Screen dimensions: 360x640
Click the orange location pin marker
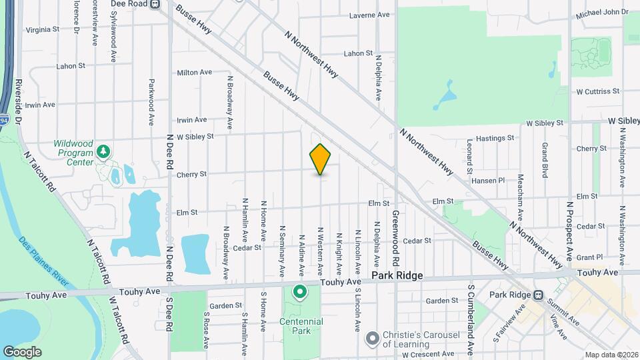321,159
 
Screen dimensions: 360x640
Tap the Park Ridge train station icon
538,295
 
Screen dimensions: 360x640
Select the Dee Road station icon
155,3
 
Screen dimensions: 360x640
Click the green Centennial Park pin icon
300,291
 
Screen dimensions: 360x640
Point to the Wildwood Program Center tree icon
103,151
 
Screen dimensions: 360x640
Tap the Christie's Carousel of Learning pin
372,339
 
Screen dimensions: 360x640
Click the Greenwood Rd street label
395,236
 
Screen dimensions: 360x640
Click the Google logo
22,352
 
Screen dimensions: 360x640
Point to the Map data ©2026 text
611,355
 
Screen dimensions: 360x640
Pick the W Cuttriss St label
598,91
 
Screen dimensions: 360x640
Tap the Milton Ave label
194,72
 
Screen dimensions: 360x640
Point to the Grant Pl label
589,257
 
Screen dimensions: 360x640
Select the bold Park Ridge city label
397,275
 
